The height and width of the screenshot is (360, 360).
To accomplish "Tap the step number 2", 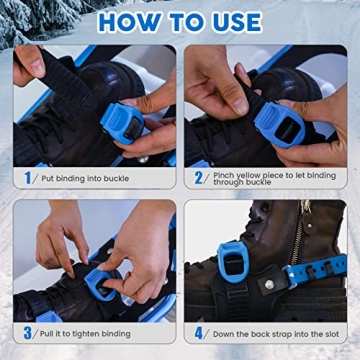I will click(198, 178).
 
